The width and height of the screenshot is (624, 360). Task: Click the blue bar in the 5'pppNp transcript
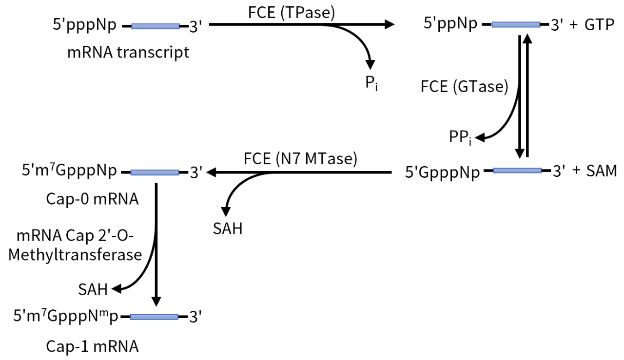pyautogui.click(x=156, y=26)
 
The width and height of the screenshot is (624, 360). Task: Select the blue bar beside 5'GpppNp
pyautogui.click(x=517, y=171)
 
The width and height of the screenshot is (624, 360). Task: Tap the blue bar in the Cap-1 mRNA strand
pyautogui.click(x=154, y=317)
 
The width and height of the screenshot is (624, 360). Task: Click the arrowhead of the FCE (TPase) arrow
pyautogui.click(x=388, y=23)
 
